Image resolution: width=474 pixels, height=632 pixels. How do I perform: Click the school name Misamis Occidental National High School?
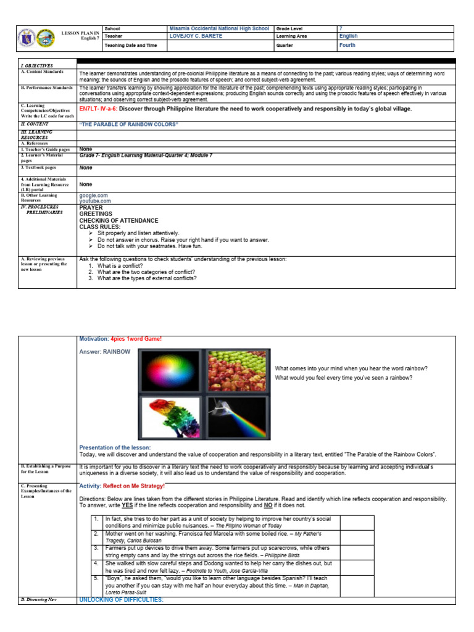(218, 29)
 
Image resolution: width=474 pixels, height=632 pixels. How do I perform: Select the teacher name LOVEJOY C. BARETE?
(194, 36)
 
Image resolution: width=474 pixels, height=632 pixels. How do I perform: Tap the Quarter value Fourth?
(347, 45)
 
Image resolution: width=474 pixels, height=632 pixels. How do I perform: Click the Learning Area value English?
(348, 36)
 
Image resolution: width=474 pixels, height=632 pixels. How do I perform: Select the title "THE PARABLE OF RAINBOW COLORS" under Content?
(128, 125)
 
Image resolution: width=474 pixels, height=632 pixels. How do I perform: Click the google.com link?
(93, 195)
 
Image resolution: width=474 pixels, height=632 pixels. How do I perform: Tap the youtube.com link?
(95, 201)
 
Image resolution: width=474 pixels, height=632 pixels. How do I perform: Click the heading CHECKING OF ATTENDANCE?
(118, 220)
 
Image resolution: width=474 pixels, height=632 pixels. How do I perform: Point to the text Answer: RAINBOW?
(105, 352)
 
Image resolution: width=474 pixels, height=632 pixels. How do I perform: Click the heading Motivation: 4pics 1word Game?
(122, 339)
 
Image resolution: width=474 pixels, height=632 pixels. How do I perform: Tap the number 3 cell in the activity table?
(96, 547)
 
